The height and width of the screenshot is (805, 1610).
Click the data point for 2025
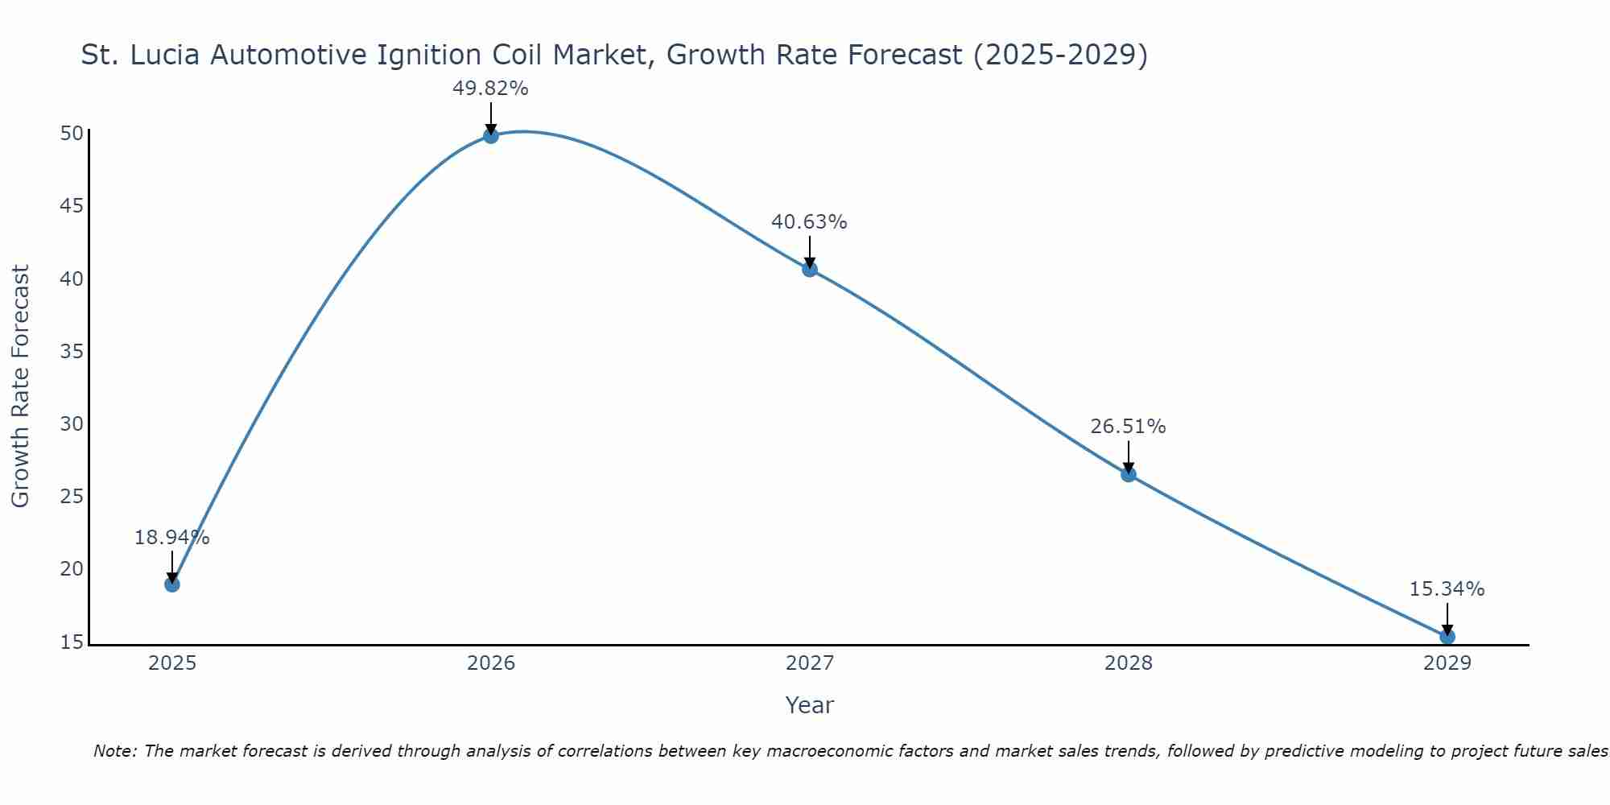[x=172, y=584]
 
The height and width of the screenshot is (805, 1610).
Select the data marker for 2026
[x=491, y=135]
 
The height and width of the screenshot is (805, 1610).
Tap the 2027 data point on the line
[x=810, y=269]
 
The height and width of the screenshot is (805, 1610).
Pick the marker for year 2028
[x=1129, y=474]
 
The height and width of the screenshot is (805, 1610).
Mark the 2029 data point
[x=1447, y=636]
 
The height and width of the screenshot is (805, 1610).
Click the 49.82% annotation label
[x=490, y=89]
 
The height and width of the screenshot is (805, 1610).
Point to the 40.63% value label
[x=809, y=222]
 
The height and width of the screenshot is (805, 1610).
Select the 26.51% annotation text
[x=1128, y=427]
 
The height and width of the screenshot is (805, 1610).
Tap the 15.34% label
[x=1447, y=589]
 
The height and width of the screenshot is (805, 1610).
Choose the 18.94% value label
[x=171, y=538]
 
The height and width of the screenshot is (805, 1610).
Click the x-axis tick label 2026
[x=491, y=663]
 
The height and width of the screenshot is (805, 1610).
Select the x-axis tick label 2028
[x=1129, y=663]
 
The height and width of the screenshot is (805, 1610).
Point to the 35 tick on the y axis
[x=72, y=352]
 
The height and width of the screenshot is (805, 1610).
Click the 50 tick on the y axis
[x=72, y=134]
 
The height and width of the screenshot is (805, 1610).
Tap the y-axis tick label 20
[x=72, y=569]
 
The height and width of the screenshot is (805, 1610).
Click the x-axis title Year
[x=809, y=705]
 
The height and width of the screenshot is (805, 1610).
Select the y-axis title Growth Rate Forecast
[x=20, y=386]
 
